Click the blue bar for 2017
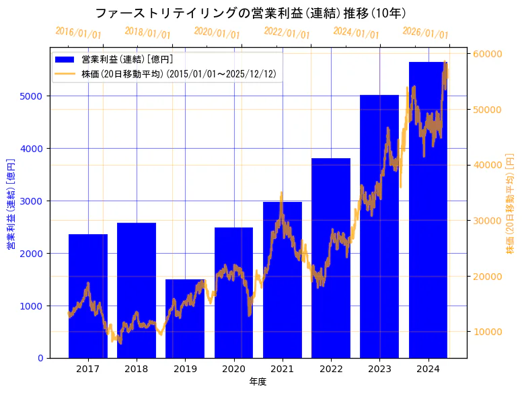[87, 296]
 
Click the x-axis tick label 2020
[233, 369]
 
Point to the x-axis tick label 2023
[379, 369]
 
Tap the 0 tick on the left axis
[40, 358]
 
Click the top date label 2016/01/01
[78, 33]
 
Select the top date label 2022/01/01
[287, 33]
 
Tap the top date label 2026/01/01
[425, 33]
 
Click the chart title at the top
[250, 13]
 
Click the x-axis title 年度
[258, 382]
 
